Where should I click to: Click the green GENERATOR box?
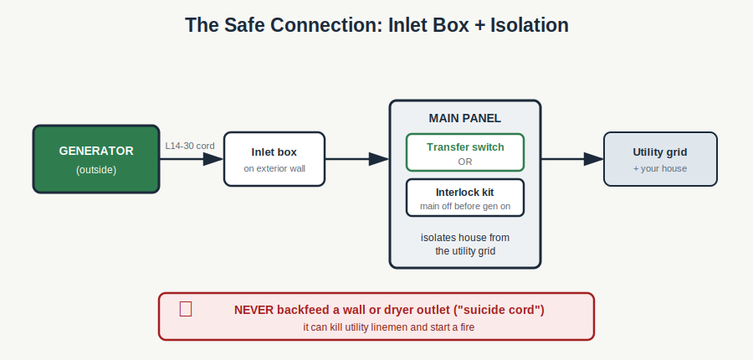(x=96, y=159)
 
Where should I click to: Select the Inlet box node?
(x=274, y=159)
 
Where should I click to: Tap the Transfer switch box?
(x=465, y=152)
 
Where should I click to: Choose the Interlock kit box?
(x=465, y=198)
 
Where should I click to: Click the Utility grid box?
(x=660, y=159)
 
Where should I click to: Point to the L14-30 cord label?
(x=190, y=146)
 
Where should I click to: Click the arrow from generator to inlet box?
(x=192, y=159)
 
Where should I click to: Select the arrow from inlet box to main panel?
(x=357, y=159)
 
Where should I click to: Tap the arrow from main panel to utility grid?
(x=572, y=159)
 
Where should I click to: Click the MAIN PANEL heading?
(x=465, y=118)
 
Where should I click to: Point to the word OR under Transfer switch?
(x=465, y=162)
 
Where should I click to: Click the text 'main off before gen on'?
(x=465, y=206)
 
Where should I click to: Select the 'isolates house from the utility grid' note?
(x=465, y=244)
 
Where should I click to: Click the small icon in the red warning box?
(x=186, y=309)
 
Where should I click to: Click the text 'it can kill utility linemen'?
(x=356, y=327)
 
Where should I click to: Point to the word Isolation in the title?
(x=530, y=25)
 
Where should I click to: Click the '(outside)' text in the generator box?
(x=96, y=170)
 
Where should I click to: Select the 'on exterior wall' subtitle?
(x=274, y=169)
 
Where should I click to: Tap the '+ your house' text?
(x=660, y=169)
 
